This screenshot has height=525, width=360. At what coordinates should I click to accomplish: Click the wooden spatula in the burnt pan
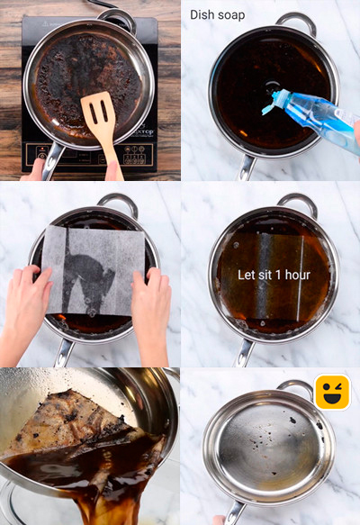click(101, 127)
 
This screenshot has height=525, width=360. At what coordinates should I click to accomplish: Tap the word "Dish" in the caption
click(200, 14)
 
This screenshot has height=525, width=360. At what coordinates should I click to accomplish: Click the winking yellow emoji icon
click(333, 392)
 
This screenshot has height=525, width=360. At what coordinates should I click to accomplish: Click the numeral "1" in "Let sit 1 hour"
click(278, 276)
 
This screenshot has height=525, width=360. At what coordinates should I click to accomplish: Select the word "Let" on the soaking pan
click(245, 276)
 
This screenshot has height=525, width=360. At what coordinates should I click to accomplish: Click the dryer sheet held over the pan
click(94, 269)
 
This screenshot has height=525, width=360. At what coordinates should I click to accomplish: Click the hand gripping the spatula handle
click(113, 171)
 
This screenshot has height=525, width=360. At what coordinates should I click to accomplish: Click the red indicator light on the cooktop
click(42, 149)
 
